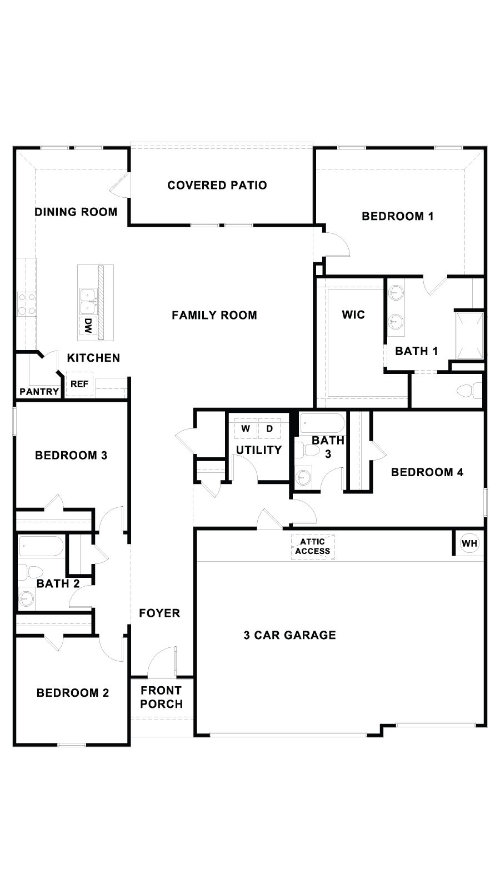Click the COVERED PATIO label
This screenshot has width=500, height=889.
(217, 185)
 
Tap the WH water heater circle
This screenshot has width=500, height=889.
(469, 543)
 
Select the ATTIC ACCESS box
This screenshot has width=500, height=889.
(313, 546)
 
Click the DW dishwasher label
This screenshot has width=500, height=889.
(87, 325)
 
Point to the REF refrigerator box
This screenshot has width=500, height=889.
(79, 384)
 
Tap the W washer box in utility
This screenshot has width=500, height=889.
(246, 428)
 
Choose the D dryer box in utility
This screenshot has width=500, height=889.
(269, 428)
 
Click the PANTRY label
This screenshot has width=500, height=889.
(39, 391)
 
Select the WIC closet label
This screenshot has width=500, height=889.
(353, 315)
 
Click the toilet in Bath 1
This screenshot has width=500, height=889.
(469, 391)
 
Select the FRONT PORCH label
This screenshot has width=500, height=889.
(161, 697)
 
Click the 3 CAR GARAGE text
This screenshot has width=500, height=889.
(289, 635)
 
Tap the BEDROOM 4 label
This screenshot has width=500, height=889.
(427, 472)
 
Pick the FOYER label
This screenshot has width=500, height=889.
(159, 613)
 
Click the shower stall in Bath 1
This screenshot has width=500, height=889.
(469, 336)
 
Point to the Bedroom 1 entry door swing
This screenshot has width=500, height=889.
(337, 244)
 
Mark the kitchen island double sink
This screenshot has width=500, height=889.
(87, 301)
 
